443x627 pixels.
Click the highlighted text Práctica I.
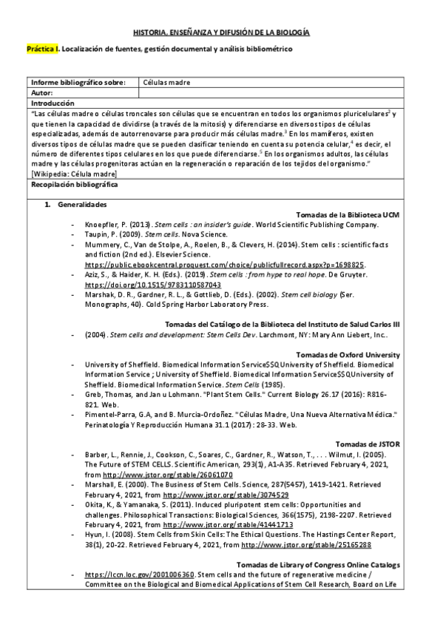point(42,50)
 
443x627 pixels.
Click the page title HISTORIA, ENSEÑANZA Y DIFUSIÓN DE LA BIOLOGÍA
point(221,33)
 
